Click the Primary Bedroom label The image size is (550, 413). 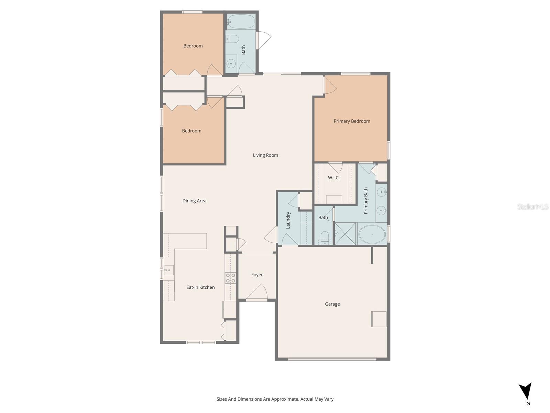click(x=352, y=121)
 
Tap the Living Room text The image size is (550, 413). click(x=265, y=155)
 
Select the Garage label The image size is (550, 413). click(x=332, y=304)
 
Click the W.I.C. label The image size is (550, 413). click(x=333, y=178)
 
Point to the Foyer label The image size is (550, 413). click(x=257, y=275)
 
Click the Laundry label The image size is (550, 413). click(x=288, y=220)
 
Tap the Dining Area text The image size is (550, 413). click(x=194, y=201)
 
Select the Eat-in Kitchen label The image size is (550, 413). click(x=200, y=287)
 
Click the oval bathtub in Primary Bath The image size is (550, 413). click(x=372, y=234)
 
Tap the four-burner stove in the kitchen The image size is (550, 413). click(x=230, y=278)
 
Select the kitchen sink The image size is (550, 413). click(x=168, y=270)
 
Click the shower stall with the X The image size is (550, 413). click(x=345, y=234)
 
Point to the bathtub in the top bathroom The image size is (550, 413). click(x=241, y=22)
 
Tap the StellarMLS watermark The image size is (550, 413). click(x=532, y=206)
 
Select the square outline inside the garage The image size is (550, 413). click(x=378, y=319)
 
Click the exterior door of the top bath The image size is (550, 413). click(x=263, y=40)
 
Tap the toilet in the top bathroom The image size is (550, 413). click(x=233, y=39)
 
